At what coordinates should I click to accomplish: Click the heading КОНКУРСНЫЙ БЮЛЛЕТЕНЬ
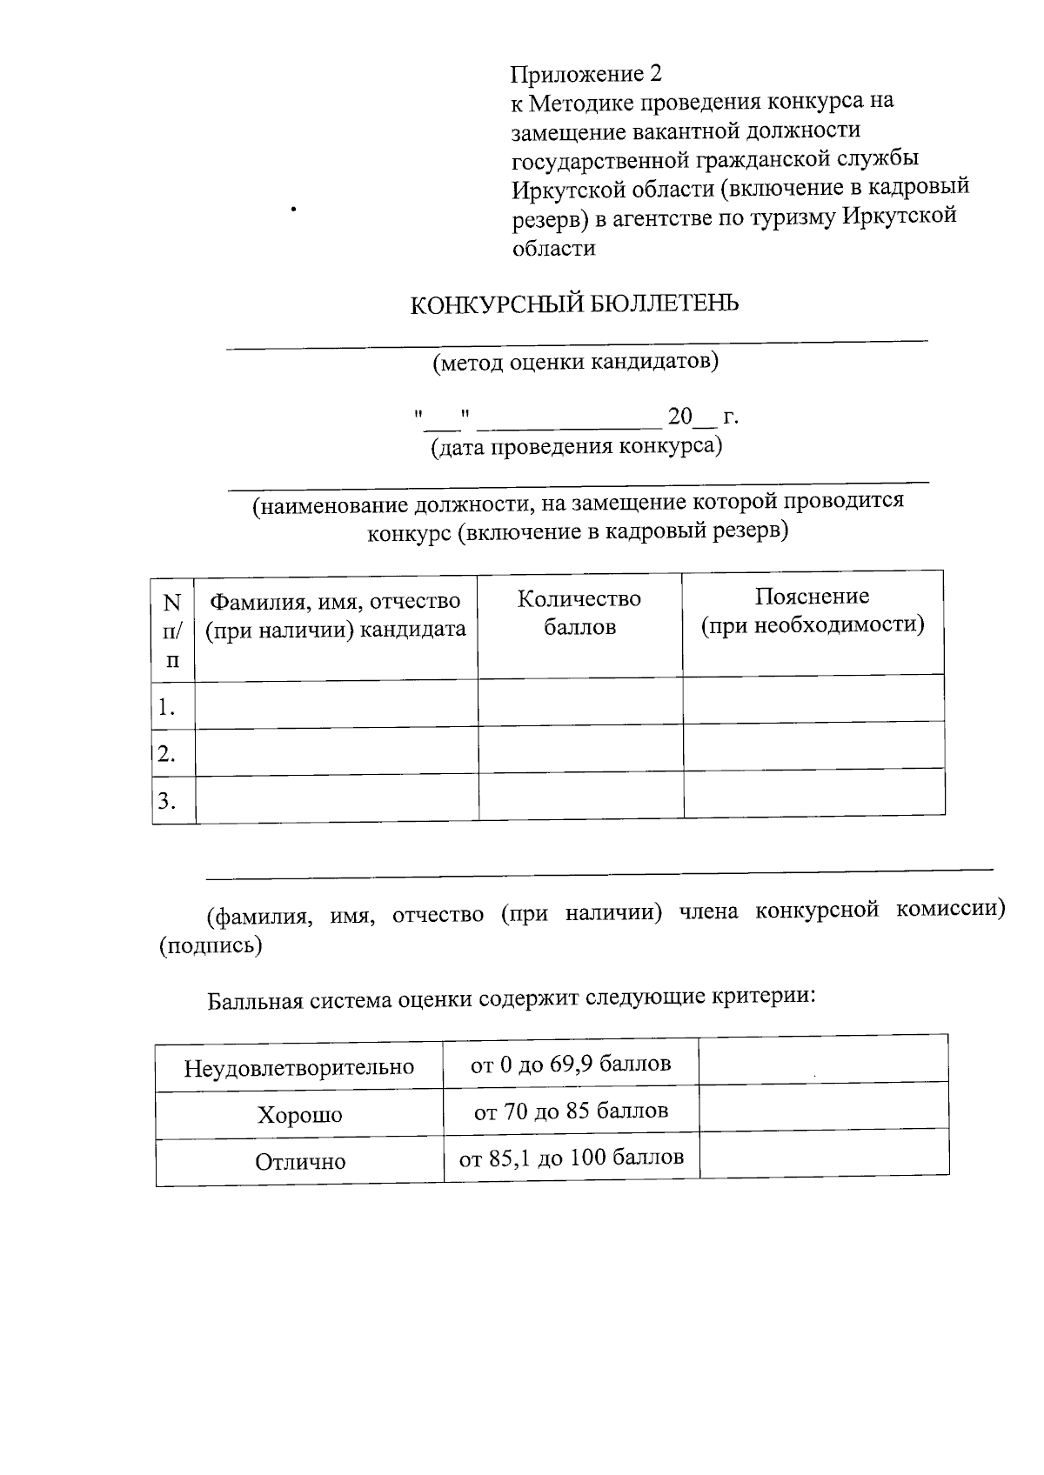click(575, 304)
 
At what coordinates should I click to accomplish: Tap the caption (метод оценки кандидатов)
click(576, 362)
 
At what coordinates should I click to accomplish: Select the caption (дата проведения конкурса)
click(577, 447)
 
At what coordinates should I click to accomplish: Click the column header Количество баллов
click(579, 612)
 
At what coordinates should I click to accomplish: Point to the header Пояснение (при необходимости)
click(813, 611)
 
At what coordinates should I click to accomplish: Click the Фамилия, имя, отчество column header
click(336, 615)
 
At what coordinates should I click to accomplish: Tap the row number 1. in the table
click(167, 707)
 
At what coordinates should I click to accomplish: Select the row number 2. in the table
click(167, 753)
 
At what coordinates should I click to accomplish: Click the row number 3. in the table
click(167, 801)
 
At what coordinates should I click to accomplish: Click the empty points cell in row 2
click(580, 750)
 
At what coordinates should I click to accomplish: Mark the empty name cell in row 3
click(337, 798)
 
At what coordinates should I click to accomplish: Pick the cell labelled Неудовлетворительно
click(298, 1068)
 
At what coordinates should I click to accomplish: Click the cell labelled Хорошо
click(299, 1115)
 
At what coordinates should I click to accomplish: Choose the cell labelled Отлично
click(300, 1162)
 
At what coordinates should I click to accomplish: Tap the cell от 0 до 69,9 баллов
click(571, 1064)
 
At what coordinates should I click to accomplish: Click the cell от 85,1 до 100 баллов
click(572, 1158)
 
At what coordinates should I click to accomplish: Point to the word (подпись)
click(210, 945)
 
